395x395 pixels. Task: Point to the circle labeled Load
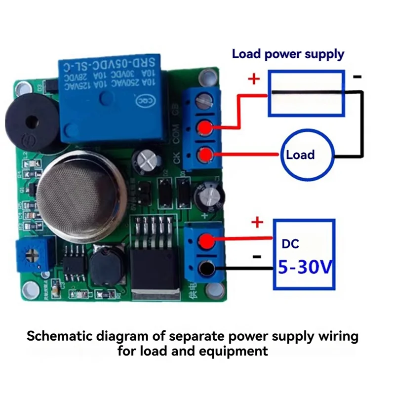click(300, 155)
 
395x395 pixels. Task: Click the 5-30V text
click(305, 268)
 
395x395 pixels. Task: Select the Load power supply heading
click(288, 54)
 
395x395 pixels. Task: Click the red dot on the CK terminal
click(203, 156)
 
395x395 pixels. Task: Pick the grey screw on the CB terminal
click(201, 102)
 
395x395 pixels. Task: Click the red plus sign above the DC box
click(257, 223)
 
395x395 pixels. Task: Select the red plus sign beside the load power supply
click(253, 79)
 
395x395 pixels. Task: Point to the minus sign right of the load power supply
click(357, 77)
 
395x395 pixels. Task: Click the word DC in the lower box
click(290, 243)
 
